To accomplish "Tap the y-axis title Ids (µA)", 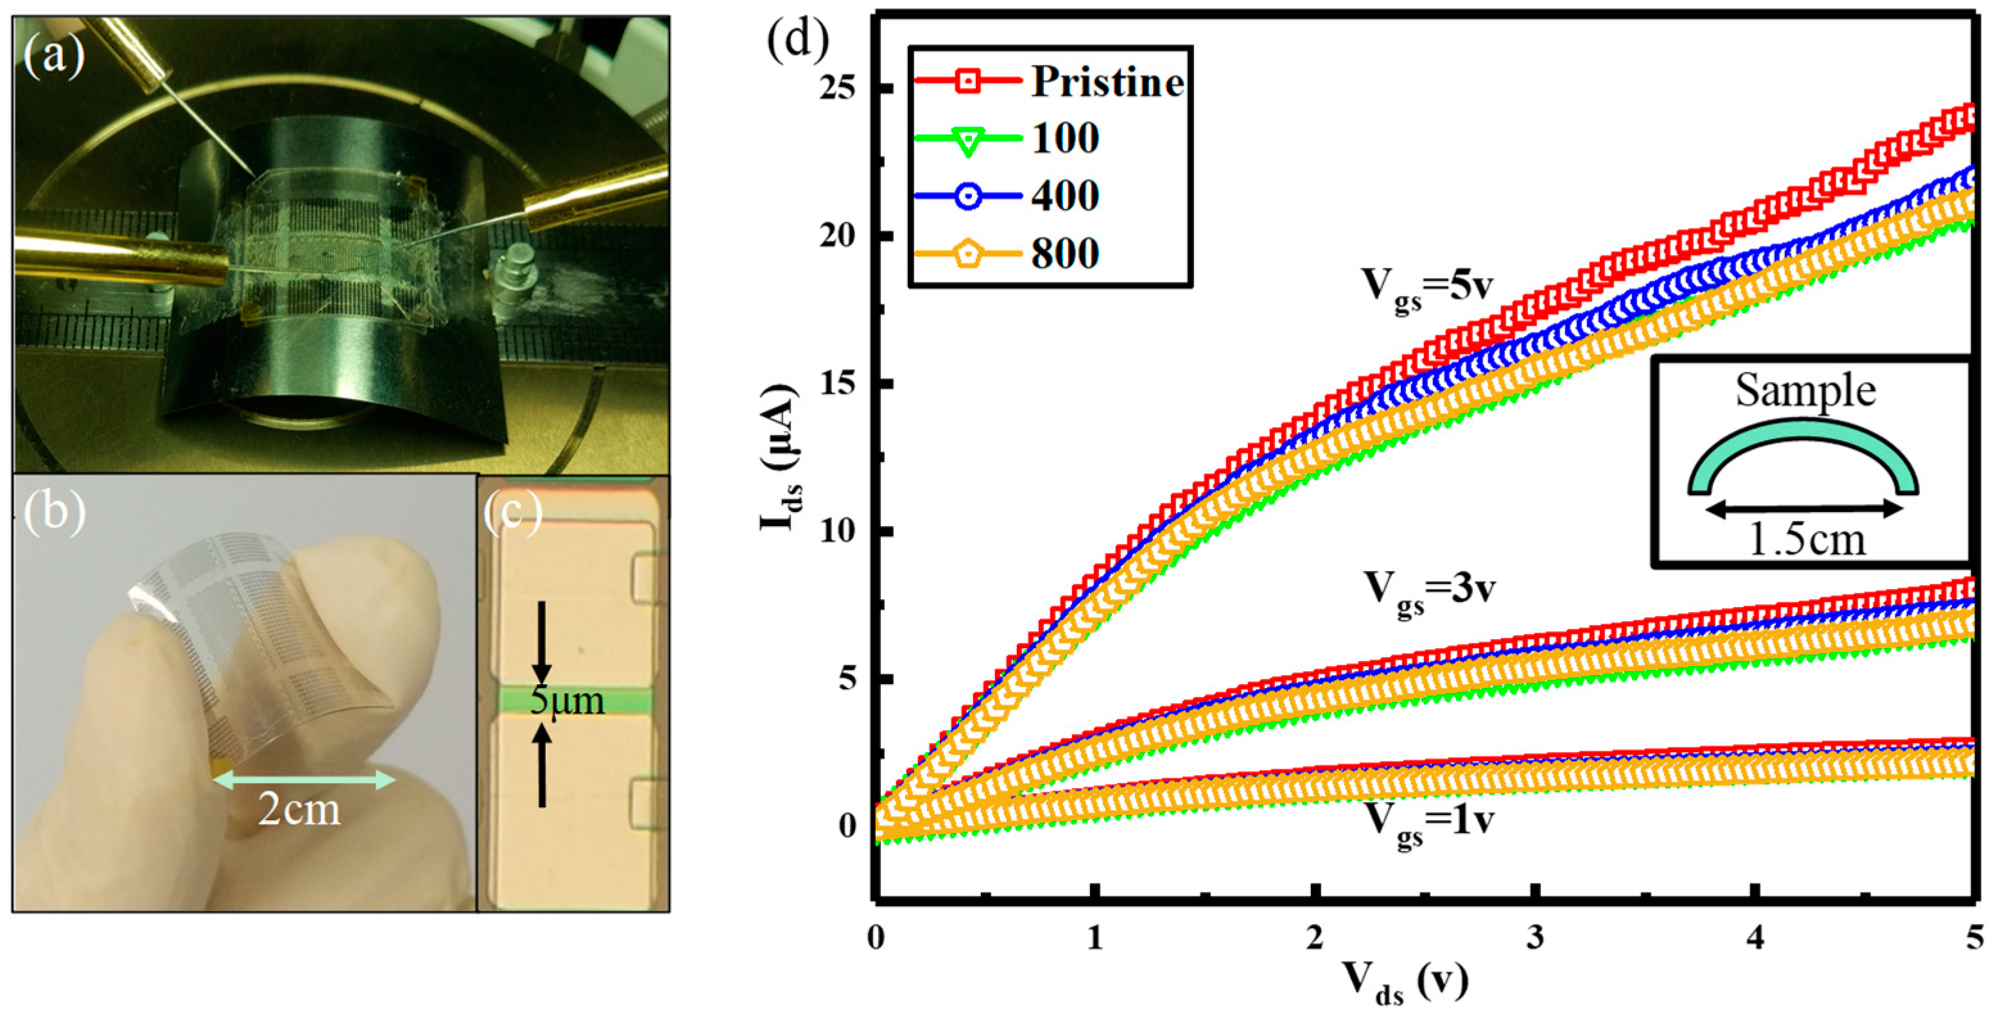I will pos(779,456).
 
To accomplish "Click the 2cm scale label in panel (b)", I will pos(299,810).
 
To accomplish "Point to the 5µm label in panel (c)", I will pos(567,701).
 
